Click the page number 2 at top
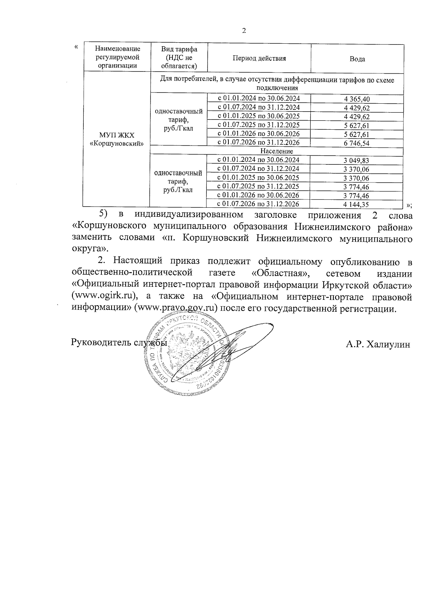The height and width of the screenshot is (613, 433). point(244,31)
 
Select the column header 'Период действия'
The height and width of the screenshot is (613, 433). point(259,59)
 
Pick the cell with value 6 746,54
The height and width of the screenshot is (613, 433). point(357,143)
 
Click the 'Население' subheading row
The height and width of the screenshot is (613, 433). point(276,151)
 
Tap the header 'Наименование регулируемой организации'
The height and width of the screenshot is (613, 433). point(117,57)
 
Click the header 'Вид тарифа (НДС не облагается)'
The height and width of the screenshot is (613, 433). point(179,57)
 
